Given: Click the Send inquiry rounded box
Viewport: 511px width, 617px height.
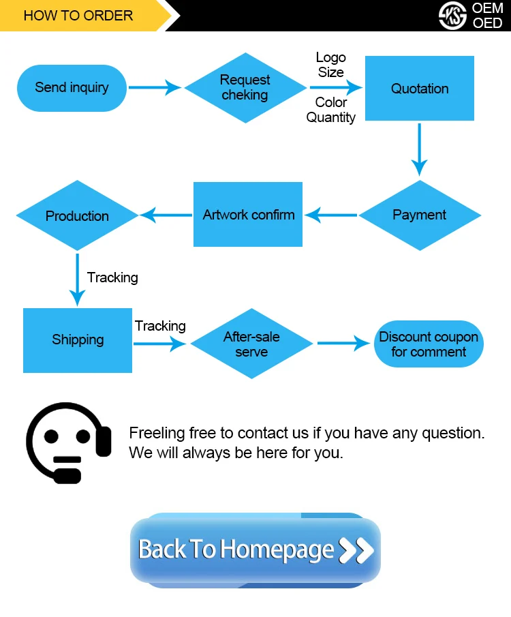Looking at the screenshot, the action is coord(72,88).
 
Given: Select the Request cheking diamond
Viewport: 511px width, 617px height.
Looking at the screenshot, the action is coord(245,88).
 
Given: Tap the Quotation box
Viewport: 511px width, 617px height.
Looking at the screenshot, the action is coord(420,89).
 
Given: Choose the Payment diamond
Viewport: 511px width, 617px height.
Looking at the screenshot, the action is coord(420,215).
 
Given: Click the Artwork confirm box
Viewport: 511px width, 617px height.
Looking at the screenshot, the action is coord(248,215).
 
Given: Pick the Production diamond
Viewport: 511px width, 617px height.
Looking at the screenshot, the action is coord(77,216).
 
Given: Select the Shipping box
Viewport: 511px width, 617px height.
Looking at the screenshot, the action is coord(78,340).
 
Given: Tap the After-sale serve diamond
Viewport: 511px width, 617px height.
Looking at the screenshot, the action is coord(251,344).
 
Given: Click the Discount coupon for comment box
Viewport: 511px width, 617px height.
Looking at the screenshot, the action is coord(429,344).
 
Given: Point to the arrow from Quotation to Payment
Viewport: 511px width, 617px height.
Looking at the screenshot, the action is coord(420,150).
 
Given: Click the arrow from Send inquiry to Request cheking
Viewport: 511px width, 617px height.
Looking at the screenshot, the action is coord(155,87).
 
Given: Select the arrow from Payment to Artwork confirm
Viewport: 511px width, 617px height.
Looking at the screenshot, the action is coord(331,215).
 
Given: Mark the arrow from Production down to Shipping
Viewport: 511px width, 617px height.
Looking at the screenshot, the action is coord(78,280).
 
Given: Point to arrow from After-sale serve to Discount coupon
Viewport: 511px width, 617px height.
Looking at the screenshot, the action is coord(343,343).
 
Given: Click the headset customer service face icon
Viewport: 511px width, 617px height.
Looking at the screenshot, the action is coord(67,442).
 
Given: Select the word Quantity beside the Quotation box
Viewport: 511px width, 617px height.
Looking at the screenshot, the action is coord(330,117).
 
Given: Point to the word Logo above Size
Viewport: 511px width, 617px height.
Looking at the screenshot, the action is coord(331,58).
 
